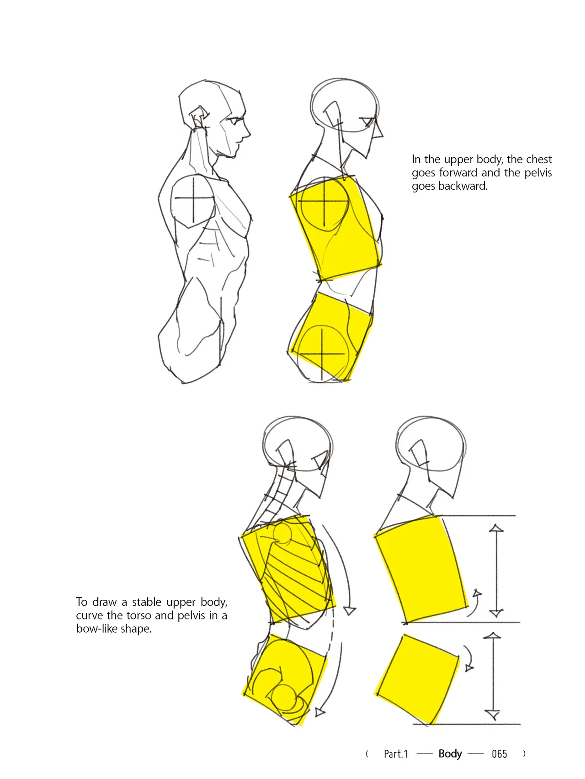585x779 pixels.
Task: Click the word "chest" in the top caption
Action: pyautogui.click(x=540, y=159)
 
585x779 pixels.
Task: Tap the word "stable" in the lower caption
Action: pyautogui.click(x=146, y=602)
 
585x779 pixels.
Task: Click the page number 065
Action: pyautogui.click(x=499, y=754)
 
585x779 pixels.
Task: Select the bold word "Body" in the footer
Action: pyautogui.click(x=450, y=754)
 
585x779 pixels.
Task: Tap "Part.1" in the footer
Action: pyautogui.click(x=396, y=754)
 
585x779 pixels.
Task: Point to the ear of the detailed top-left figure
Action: pyautogui.click(x=198, y=118)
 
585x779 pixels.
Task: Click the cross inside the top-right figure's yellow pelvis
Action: pyautogui.click(x=323, y=354)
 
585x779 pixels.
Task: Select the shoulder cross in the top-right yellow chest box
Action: pyautogui.click(x=324, y=201)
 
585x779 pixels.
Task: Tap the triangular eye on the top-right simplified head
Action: pyautogui.click(x=367, y=122)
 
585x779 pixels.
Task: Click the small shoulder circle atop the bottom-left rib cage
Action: pyautogui.click(x=282, y=534)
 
